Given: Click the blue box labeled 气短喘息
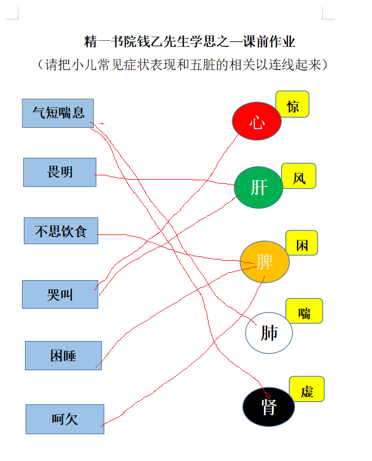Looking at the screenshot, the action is tap(58, 113).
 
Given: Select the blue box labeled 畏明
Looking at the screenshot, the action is tap(60, 172).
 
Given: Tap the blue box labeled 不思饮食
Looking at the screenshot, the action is tap(61, 231).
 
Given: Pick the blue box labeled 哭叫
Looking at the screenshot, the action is tap(60, 294).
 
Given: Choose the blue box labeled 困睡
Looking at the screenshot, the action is tap(63, 356).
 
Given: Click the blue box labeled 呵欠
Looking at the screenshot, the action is tap(65, 419).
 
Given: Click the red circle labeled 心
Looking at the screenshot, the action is tap(257, 121).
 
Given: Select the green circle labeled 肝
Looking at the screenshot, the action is tap(259, 188).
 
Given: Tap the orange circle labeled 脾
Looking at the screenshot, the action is tap(265, 262).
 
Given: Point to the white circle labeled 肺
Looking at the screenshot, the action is tap(269, 333).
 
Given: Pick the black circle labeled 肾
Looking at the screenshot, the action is tap(268, 407).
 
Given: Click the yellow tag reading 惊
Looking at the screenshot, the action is tap(292, 104).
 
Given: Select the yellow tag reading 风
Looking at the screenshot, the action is tap(299, 176).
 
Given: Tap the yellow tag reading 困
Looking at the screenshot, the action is tap(302, 243).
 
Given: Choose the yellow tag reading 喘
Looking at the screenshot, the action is tap(304, 311).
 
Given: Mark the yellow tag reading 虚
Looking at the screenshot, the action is tap(307, 389).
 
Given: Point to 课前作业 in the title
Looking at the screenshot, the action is tap(269, 41).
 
